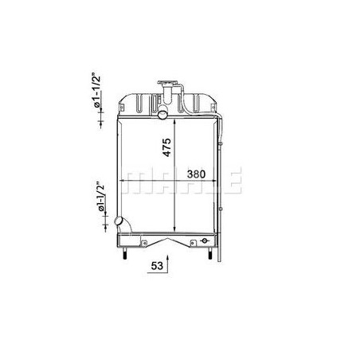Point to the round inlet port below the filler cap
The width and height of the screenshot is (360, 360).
coord(162,115)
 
